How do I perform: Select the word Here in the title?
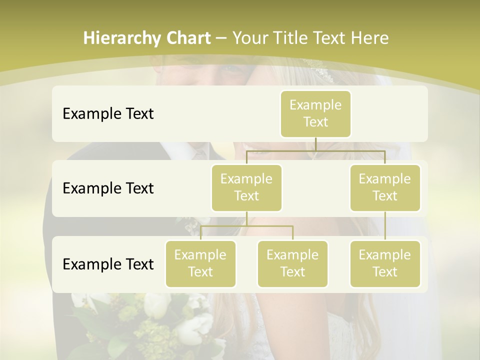[x=370, y=38]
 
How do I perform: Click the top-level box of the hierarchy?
[x=315, y=113]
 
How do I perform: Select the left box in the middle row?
[x=246, y=187]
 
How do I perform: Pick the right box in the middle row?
[x=385, y=187]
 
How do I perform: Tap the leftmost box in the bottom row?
[x=200, y=263]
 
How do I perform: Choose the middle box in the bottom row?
[x=292, y=263]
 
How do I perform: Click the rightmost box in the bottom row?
[x=385, y=263]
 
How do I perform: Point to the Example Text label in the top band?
[x=108, y=113]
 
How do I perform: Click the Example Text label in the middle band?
[x=108, y=188]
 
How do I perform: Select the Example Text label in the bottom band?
[x=108, y=264]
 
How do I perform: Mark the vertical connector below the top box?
[x=315, y=144]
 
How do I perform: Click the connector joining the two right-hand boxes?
[x=385, y=226]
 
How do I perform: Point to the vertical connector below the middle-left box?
[x=246, y=218]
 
